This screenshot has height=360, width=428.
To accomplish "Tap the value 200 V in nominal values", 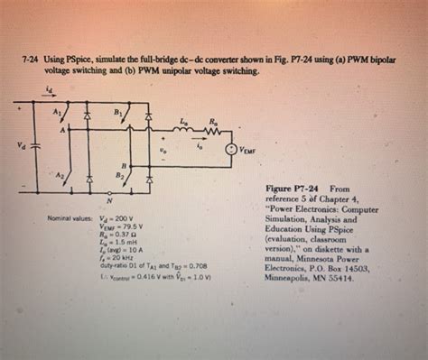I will click(123, 218).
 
